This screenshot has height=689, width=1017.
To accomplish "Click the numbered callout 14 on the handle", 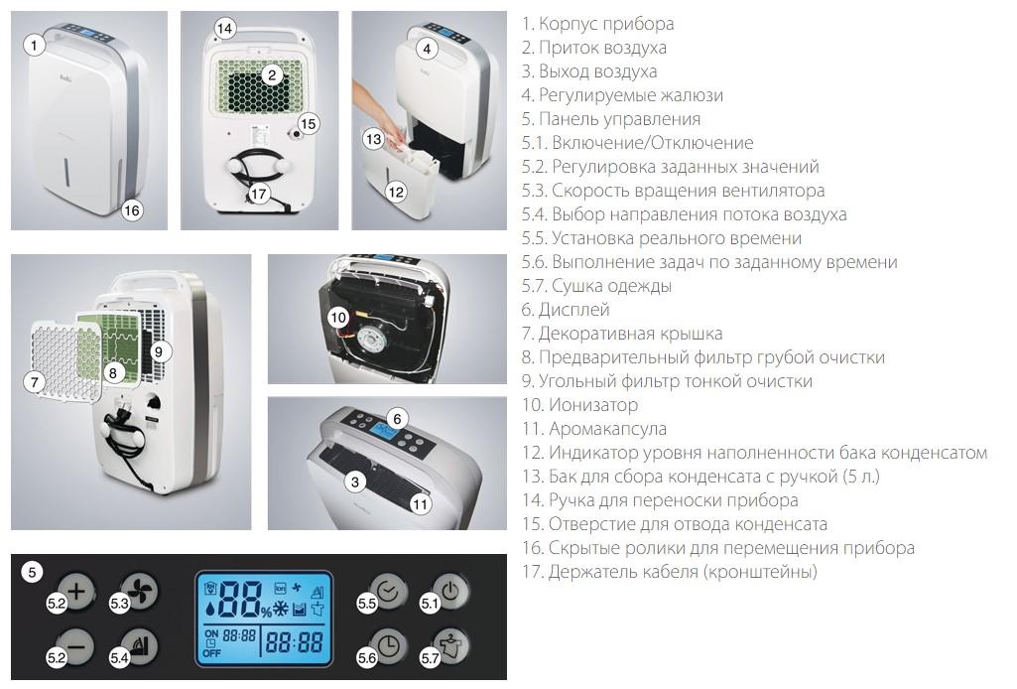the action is (224, 29).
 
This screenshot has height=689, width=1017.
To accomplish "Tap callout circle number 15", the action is (309, 123).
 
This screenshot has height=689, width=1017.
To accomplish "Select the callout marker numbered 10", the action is (338, 318).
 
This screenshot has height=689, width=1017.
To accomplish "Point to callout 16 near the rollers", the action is (132, 210).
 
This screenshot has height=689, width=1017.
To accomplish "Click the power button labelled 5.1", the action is (450, 591).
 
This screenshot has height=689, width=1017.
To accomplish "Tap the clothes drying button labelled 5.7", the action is (450, 645).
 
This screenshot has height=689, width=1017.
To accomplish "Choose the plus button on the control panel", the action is (76, 591).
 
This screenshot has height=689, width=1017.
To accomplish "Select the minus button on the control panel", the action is (76, 646).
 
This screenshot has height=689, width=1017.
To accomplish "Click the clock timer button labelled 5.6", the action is (387, 645).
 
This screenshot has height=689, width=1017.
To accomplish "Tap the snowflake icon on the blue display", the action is (281, 609).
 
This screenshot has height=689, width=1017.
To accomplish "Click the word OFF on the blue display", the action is (212, 653).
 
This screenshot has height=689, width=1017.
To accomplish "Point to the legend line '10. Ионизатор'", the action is (579, 405).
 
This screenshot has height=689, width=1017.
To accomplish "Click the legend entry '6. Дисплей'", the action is (566, 310).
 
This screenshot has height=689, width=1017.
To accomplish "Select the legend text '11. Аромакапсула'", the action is (594, 429).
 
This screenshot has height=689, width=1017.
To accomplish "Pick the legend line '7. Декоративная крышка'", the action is (622, 334).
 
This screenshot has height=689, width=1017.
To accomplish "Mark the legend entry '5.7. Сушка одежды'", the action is (596, 286).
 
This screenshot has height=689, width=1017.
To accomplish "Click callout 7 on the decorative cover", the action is (35, 381).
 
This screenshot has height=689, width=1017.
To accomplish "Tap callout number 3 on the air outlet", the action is (355, 482).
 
